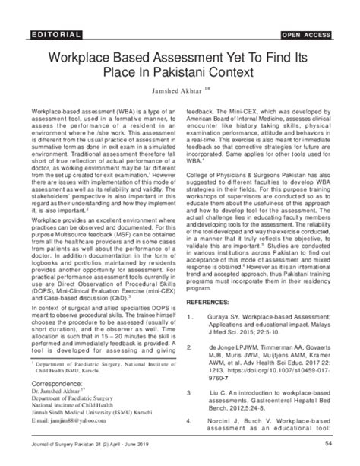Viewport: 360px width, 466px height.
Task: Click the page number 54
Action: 327,444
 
